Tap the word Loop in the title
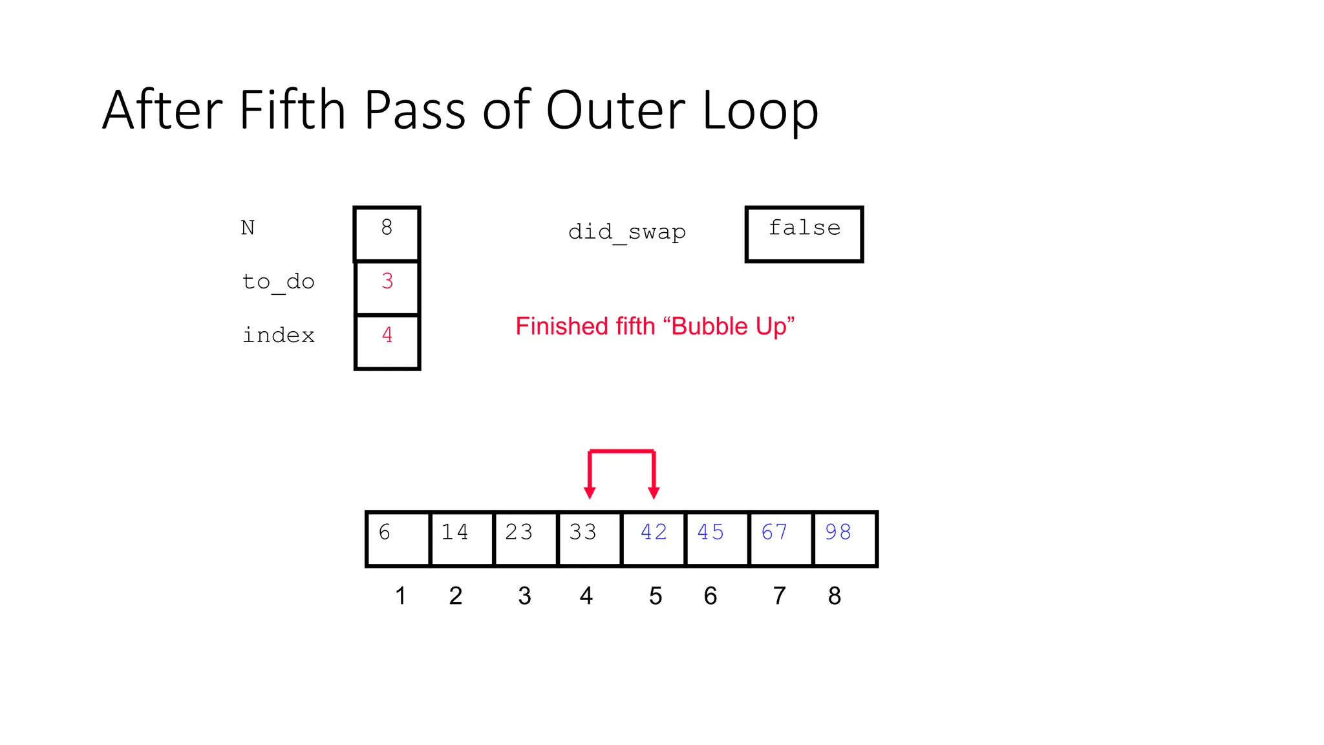point(760,111)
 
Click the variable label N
point(248,228)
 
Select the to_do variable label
point(278,282)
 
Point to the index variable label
point(278,336)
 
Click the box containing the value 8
point(387,233)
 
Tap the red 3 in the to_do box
point(387,281)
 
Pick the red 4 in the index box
point(387,335)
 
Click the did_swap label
point(626,232)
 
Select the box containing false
point(804,234)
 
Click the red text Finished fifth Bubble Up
point(654,327)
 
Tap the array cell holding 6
point(398,539)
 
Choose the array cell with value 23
point(525,539)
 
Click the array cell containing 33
point(589,539)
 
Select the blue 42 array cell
point(653,539)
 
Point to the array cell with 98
point(844,539)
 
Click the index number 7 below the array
point(780,596)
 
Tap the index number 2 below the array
point(456,596)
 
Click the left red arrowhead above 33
point(590,493)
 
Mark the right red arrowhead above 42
point(654,493)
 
